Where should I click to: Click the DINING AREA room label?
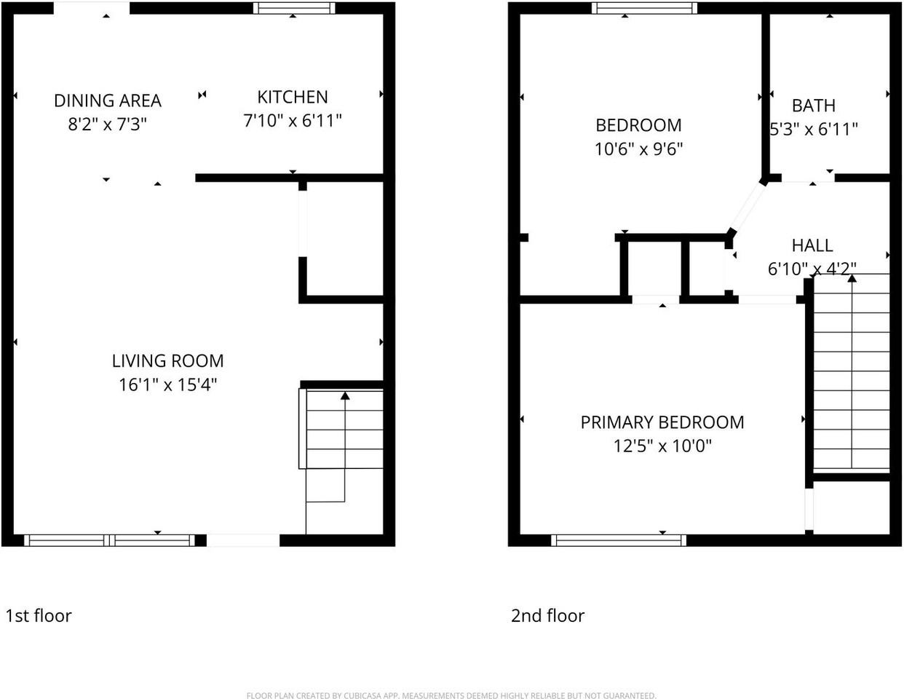coord(108,100)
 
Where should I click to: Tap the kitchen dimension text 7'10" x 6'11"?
coord(292,121)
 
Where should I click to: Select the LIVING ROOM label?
coord(167,361)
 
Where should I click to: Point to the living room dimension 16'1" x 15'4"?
coord(167,385)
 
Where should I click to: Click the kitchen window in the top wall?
coord(294,9)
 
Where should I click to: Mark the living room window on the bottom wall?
coord(109,540)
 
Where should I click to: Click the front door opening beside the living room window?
coord(243,540)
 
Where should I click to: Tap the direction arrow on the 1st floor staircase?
coord(344,397)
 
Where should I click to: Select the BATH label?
coord(813,106)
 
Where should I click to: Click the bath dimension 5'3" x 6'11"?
coord(814,130)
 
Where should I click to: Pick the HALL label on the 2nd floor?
coord(812,245)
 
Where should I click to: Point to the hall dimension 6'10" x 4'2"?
coord(812,269)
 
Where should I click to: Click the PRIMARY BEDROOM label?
coord(662,422)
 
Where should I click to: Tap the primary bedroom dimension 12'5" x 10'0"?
coord(662,446)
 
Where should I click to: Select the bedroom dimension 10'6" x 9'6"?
coord(638,149)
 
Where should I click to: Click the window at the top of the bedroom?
coord(644,9)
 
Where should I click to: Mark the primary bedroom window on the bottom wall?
coord(619,540)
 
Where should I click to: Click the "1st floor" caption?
coord(39,616)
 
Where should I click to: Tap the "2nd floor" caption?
coord(547,616)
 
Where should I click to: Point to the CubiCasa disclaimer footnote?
coord(451,695)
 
